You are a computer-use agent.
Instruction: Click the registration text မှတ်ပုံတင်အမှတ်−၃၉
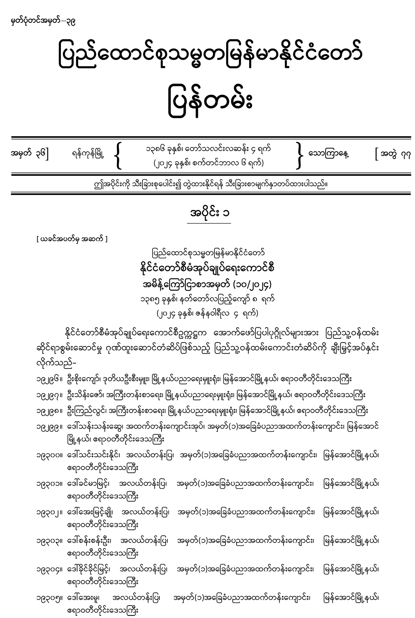click(x=43, y=23)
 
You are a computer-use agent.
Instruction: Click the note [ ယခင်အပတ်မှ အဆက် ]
click(x=72, y=239)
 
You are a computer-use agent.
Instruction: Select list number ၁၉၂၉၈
click(x=47, y=411)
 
